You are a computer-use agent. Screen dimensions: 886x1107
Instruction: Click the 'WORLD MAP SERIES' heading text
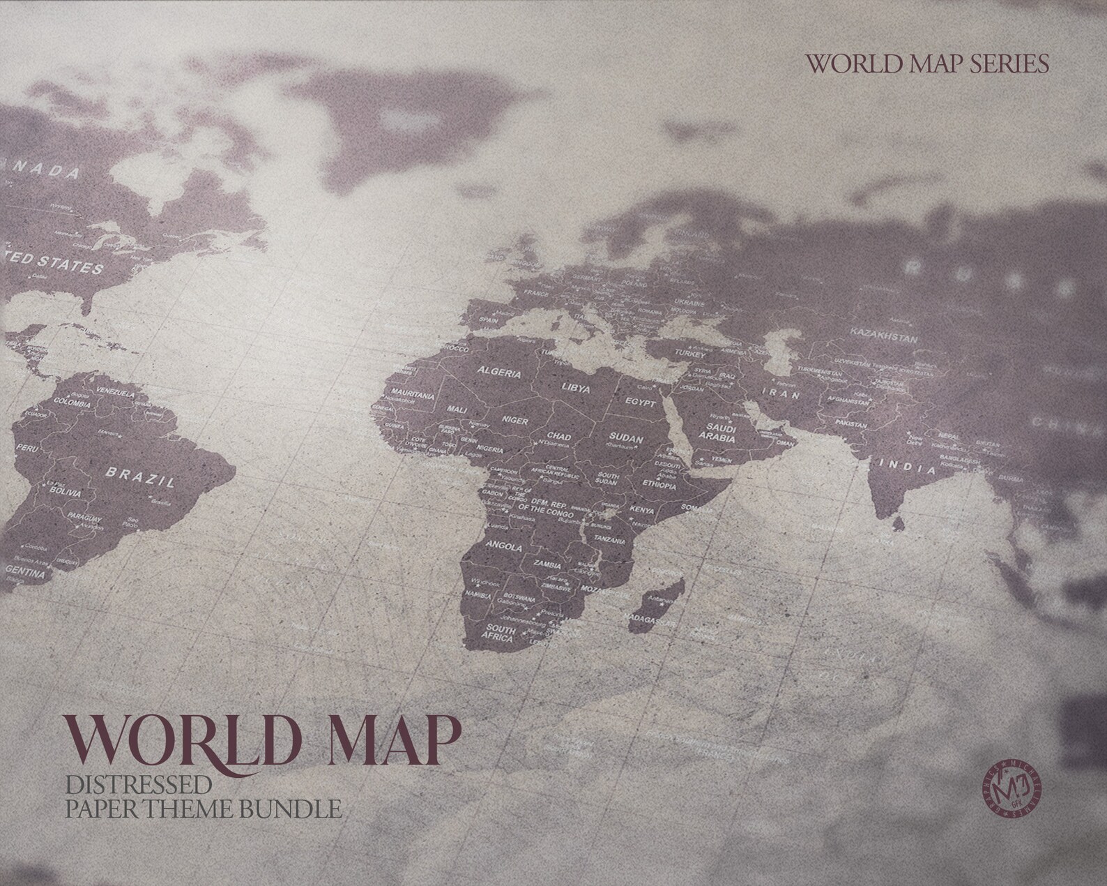[x=926, y=63]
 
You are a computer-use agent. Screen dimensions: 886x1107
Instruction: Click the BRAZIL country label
[x=140, y=476]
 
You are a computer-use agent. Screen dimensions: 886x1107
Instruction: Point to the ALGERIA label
[x=498, y=373]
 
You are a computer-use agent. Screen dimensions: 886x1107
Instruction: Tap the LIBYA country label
[x=577, y=388]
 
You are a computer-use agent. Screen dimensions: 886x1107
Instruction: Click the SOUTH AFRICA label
[x=501, y=633]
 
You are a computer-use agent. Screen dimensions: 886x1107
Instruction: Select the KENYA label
[x=642, y=510]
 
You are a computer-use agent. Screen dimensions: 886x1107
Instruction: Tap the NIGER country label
[x=515, y=421]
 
